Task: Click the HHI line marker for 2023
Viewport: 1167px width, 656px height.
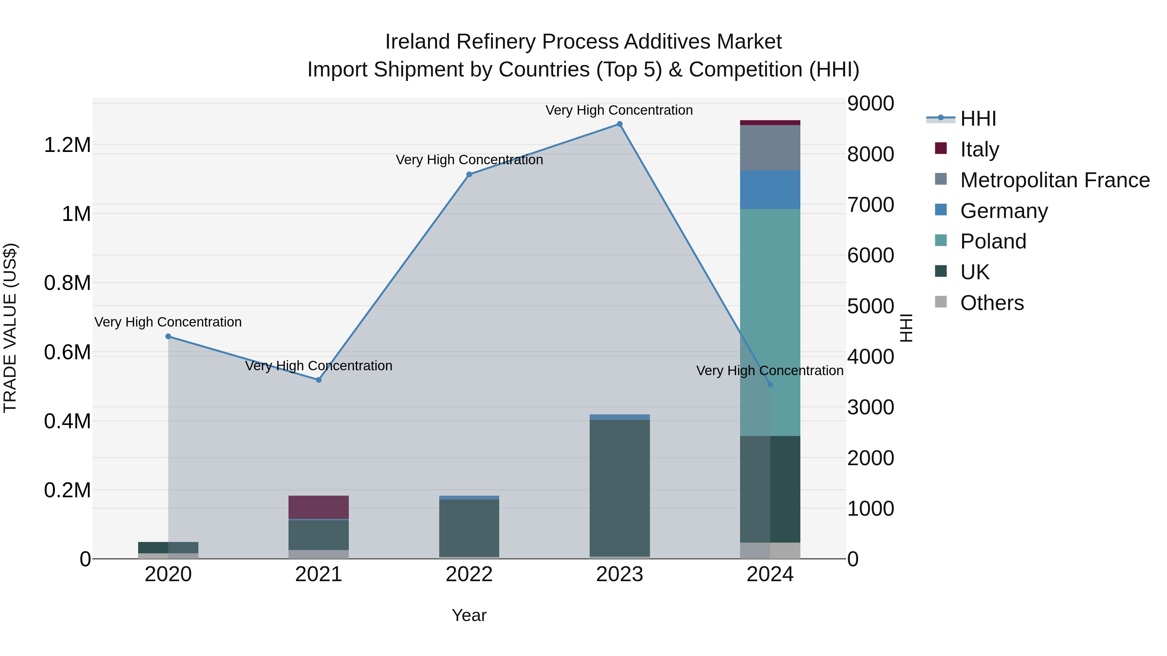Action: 619,124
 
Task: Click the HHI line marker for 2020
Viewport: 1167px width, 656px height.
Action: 168,336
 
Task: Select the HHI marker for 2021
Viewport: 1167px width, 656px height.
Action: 318,380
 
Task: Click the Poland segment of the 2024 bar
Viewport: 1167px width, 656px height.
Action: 785,317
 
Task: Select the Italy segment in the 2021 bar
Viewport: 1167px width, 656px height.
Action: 318,507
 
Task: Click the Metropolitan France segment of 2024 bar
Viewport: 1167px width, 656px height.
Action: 770,148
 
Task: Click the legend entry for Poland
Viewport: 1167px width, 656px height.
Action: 993,241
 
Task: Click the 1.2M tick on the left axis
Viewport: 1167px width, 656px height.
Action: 67,145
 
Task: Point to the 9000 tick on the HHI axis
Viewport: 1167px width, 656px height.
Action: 870,103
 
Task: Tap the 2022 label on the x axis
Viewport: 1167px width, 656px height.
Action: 469,574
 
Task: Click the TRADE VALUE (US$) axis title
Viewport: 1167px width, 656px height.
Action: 10,328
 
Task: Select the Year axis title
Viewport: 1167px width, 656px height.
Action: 469,615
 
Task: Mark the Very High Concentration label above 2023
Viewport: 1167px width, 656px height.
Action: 619,110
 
